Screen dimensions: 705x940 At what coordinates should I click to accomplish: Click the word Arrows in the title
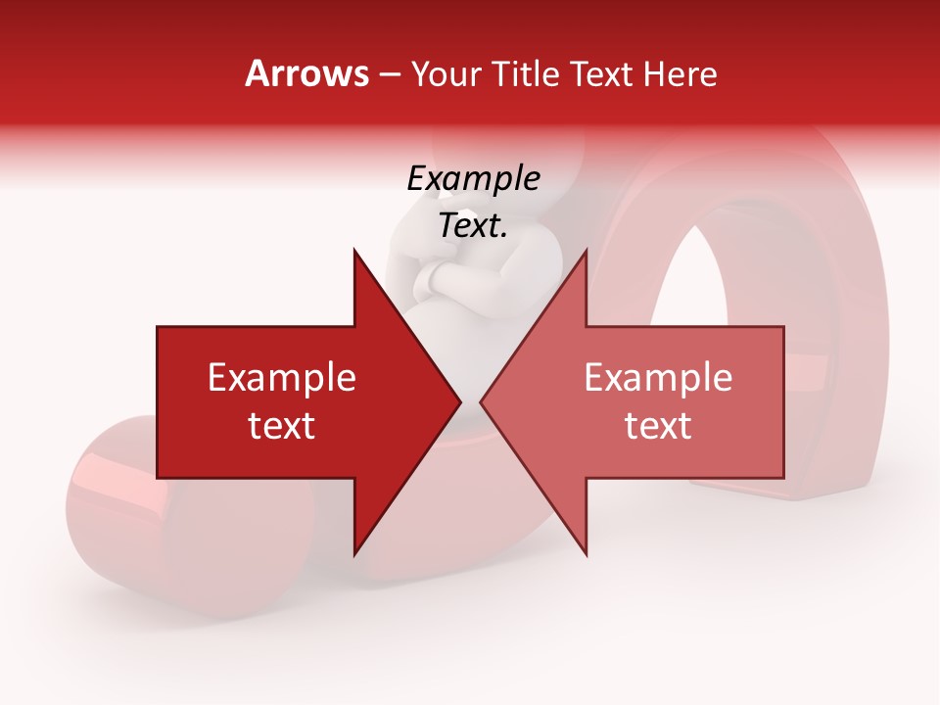pyautogui.click(x=306, y=73)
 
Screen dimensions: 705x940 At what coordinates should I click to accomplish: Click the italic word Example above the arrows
pyautogui.click(x=473, y=179)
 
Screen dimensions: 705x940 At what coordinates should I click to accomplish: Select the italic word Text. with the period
pyautogui.click(x=473, y=226)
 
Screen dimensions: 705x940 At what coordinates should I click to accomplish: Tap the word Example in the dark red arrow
pyautogui.click(x=282, y=378)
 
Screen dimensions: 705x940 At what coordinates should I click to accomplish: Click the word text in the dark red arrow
pyautogui.click(x=282, y=426)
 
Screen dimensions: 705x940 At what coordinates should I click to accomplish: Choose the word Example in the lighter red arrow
pyautogui.click(x=658, y=378)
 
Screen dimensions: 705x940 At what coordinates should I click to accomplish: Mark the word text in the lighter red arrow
pyautogui.click(x=658, y=426)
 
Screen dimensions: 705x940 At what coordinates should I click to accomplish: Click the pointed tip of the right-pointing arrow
pyautogui.click(x=458, y=401)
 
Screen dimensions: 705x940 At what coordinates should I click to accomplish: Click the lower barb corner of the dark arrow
pyautogui.click(x=354, y=552)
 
